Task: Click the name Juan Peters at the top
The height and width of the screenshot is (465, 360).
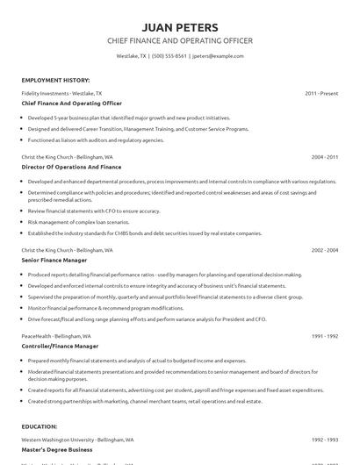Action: pos(179,26)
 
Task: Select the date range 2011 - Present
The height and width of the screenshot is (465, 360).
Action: pos(321,92)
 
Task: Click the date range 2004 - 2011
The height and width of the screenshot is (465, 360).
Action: pos(323,157)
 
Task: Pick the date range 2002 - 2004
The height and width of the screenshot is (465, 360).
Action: pos(323,250)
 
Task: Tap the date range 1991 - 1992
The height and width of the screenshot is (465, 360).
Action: pos(323,336)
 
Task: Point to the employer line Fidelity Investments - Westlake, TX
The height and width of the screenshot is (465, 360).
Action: pos(61,92)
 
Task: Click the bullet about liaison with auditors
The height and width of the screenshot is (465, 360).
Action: pos(96,139)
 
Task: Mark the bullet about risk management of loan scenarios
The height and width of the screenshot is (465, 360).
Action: pos(91,223)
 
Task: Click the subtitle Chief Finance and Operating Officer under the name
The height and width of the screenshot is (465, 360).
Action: pos(179,40)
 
